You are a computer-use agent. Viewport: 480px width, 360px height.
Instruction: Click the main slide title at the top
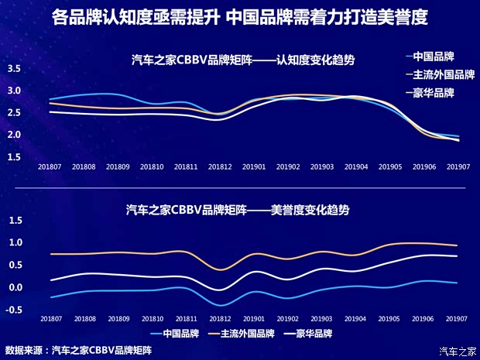[240, 17]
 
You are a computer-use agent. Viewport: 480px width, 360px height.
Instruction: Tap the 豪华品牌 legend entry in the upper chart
[432, 92]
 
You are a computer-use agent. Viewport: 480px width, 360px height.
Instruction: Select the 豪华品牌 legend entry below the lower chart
[309, 334]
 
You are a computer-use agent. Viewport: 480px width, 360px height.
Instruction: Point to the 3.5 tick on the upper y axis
[14, 69]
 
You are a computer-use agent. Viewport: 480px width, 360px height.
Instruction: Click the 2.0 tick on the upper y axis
[14, 135]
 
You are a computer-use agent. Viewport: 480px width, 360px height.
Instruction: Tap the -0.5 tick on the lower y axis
[14, 310]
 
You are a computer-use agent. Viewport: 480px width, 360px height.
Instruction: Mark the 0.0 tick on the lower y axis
[14, 287]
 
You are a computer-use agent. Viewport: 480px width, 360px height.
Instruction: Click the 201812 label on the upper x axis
[221, 166]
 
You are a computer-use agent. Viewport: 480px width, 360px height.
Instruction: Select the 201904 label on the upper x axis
[356, 166]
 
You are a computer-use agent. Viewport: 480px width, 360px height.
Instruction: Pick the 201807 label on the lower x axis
[51, 319]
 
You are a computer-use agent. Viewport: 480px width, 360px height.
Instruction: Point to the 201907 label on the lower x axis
[458, 319]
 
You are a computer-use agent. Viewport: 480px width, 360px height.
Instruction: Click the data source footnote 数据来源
[78, 350]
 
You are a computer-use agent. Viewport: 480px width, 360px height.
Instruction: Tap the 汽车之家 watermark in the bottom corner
[458, 352]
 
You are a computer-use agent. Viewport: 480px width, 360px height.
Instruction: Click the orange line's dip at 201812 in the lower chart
[221, 269]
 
